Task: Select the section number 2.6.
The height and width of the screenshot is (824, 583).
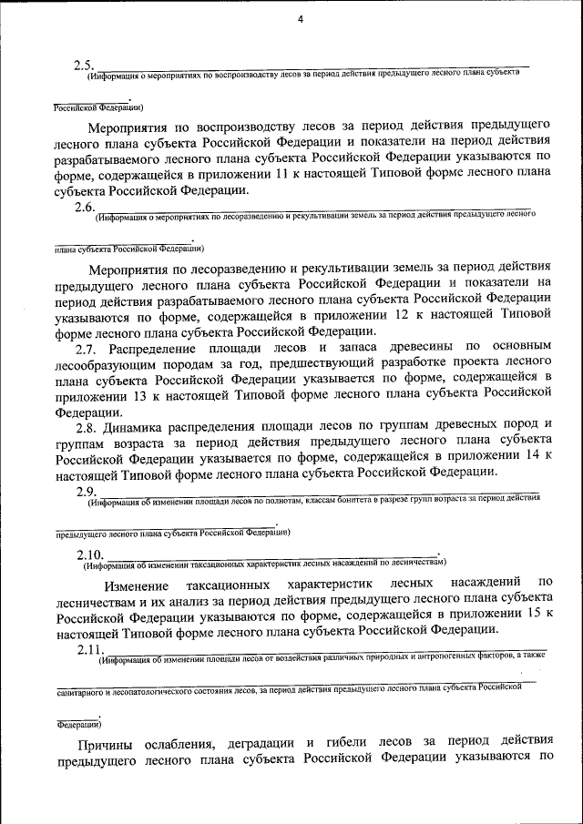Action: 87,207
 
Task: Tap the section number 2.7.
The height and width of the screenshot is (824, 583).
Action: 89,348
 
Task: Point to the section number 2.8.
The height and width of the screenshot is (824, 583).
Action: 89,424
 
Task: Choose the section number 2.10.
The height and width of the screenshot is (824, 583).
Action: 91,555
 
